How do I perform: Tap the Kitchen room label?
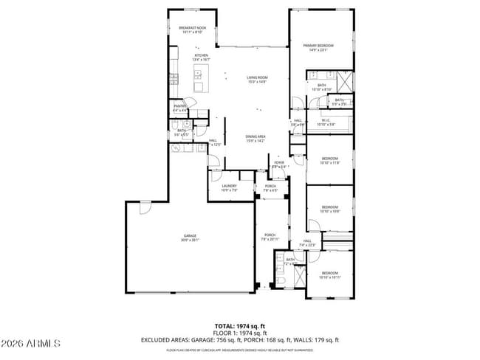pos(202,58)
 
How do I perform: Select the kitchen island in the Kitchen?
pos(199,73)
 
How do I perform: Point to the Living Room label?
pos(256,80)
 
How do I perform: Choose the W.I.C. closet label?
pos(326,122)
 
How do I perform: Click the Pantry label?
pos(179,108)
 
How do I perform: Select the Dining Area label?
pos(256,139)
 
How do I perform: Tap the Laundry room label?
pos(228,188)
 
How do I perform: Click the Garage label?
pos(191,238)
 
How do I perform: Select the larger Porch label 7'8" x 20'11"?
pos(270,237)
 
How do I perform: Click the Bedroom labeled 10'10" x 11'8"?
pos(329,161)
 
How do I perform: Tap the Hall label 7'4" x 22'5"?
pos(307,243)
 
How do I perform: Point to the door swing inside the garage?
pos(144,208)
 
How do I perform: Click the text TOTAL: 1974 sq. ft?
pos(239,325)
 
